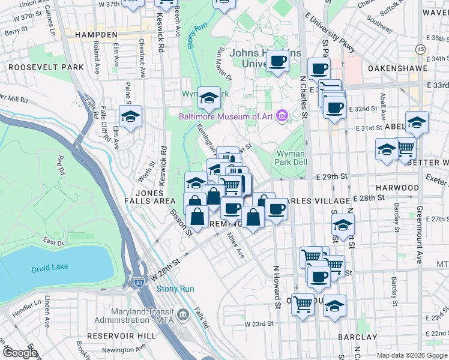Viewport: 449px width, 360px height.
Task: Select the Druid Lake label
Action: [52, 266]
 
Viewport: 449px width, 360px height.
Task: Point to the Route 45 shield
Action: [421, 49]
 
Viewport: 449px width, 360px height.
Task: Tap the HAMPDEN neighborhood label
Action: [96, 35]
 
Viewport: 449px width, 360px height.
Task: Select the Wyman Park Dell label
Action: [291, 158]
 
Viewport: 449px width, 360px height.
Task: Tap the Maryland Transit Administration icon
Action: [182, 313]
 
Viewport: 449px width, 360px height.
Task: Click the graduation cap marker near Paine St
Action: [130, 116]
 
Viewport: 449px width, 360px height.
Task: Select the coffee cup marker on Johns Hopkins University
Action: [277, 60]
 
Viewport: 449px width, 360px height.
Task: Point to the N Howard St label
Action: [278, 287]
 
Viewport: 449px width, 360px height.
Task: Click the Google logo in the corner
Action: [20, 353]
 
